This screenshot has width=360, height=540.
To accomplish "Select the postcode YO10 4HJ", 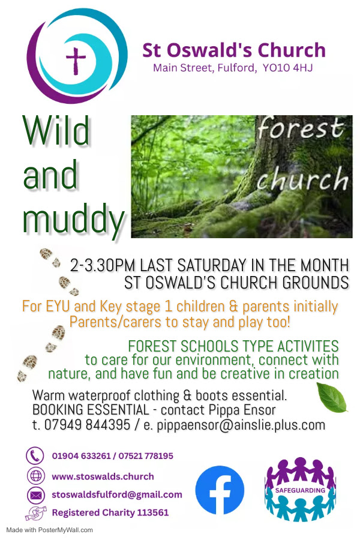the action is [287, 67].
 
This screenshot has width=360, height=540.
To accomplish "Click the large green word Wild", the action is [56, 130].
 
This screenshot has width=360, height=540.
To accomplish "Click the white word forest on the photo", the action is [301, 128].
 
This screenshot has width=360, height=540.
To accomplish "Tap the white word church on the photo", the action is [302, 179].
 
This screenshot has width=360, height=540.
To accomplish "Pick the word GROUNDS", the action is [316, 283].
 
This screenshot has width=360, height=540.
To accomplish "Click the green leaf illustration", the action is [332, 398].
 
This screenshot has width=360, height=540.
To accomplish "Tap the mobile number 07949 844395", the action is [87, 425].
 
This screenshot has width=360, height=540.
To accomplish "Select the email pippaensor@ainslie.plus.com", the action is [241, 425].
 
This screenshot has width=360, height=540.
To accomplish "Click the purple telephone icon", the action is [35, 455].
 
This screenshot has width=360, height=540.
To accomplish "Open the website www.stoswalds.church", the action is [103, 476].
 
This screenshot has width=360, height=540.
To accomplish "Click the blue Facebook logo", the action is [220, 490].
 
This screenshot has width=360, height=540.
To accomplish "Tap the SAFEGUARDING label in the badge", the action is [300, 490].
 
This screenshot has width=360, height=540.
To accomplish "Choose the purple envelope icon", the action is [35, 496].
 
